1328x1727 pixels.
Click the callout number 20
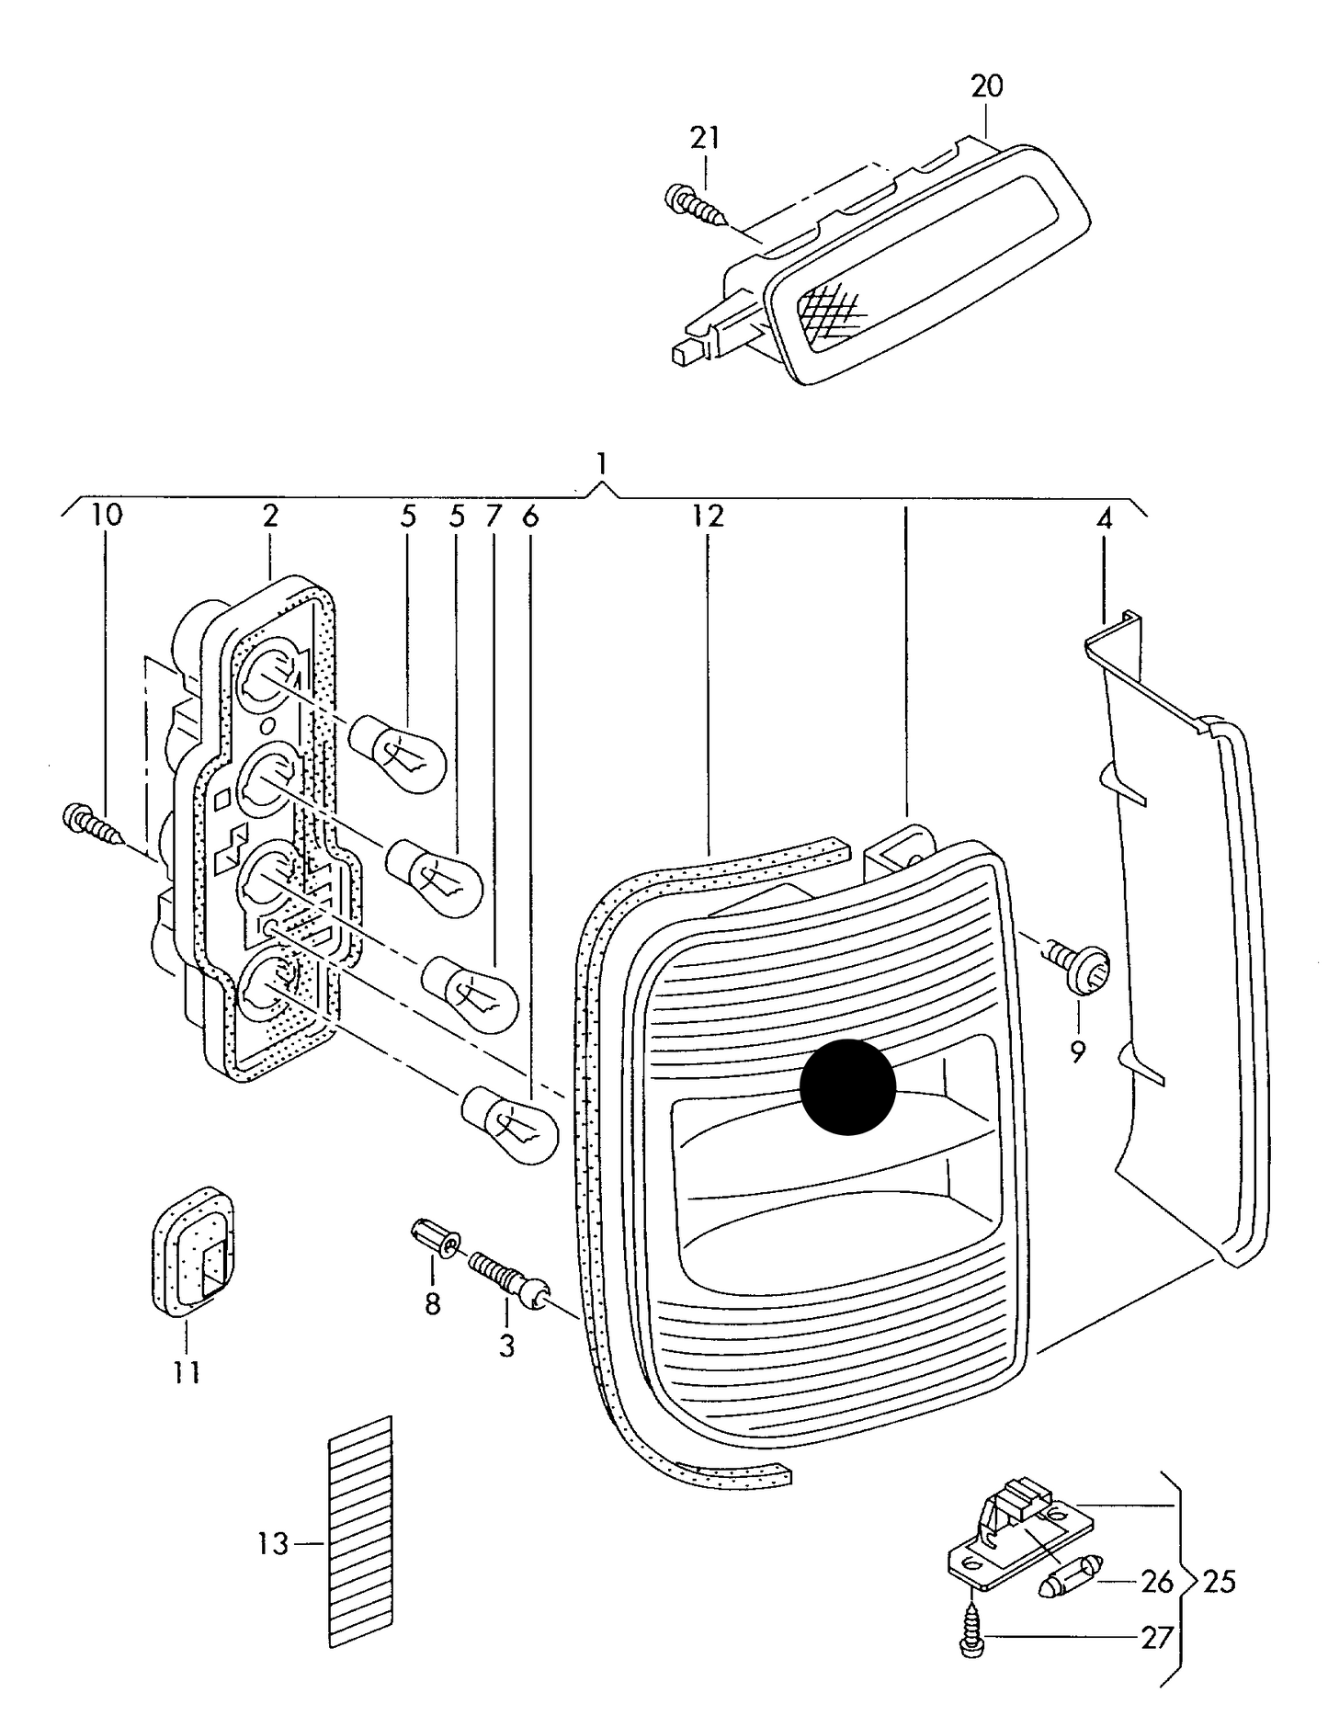[x=986, y=86]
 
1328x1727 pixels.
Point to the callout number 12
[x=709, y=516]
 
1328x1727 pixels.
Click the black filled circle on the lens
[x=847, y=1086]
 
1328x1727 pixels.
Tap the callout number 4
[x=1104, y=519]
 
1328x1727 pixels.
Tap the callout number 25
[x=1220, y=1582]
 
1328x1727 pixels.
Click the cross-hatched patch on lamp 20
[x=830, y=309]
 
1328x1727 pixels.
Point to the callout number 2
[x=269, y=516]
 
